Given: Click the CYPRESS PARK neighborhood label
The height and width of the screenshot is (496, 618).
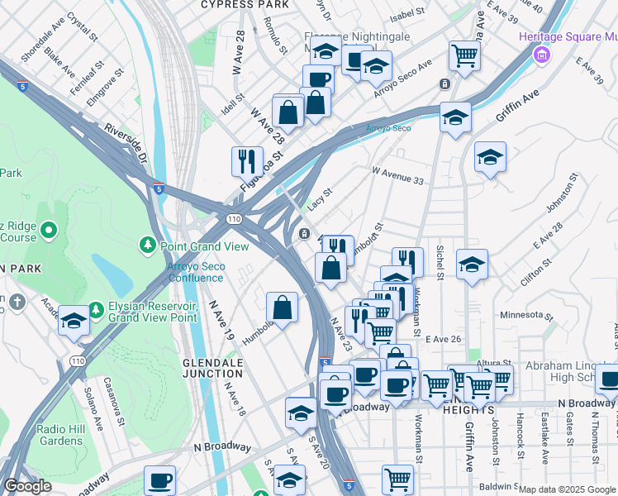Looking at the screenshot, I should tap(245, 5).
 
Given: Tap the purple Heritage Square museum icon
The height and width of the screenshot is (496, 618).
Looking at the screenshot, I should tap(542, 55).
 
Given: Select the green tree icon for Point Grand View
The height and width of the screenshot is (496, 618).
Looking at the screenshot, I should tap(148, 245).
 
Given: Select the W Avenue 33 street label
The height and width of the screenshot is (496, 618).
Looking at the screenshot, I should tap(397, 174).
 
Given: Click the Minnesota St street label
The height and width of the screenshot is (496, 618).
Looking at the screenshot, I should tap(525, 316).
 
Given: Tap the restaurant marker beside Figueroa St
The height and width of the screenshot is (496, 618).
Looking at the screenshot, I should tap(246, 160).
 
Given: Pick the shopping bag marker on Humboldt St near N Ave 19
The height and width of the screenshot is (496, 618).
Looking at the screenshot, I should tap(282, 307).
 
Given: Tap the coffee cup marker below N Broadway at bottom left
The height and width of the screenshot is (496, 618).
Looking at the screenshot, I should tap(159, 479).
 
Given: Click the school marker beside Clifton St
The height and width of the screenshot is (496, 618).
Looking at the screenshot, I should tap(472, 264).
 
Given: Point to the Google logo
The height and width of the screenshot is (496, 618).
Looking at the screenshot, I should tap(28, 486).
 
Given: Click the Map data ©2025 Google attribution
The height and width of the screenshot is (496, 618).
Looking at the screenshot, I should tap(567, 490).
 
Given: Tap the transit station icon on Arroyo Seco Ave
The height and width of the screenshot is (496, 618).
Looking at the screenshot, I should tap(444, 83).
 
